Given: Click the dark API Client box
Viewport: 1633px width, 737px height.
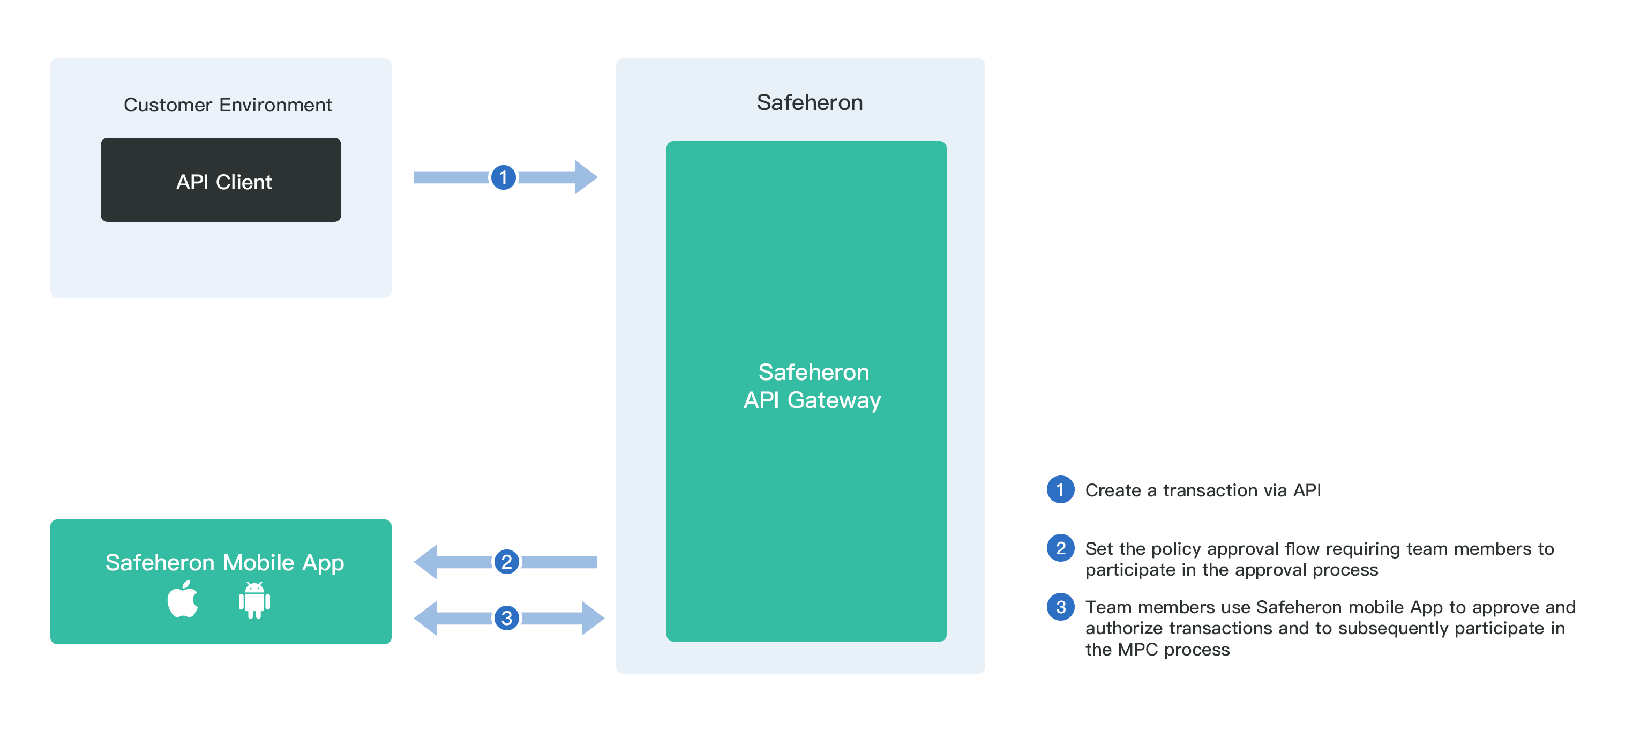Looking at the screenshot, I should coord(221,180).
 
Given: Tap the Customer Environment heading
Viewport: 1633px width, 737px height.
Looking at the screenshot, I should coord(228,105).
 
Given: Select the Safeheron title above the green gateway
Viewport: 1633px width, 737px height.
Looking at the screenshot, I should coord(810,102).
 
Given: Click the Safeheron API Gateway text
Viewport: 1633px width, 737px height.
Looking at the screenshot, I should coord(813,385).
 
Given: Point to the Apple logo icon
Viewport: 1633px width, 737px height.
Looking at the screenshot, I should coord(183,599).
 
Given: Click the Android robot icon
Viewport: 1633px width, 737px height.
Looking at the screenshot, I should coord(254,600).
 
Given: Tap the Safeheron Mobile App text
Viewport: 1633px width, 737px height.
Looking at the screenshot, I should coord(224,563).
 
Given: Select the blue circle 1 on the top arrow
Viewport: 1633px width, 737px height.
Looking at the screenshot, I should coord(503,177).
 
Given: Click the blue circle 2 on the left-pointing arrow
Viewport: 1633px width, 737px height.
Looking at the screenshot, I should coord(506,562).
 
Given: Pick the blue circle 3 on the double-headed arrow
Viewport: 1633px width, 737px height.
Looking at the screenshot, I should coord(506,618).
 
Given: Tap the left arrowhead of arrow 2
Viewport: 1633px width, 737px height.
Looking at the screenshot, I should coord(426,562).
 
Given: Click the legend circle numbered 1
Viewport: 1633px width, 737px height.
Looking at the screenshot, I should coord(1060,490).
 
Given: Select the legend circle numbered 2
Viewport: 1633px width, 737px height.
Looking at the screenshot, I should coord(1060,548).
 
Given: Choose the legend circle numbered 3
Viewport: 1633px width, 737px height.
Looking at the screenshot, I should coord(1060,607).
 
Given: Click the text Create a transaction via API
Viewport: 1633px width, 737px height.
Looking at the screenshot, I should coord(1203,490).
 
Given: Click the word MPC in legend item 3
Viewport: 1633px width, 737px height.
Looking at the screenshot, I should coord(1138,650).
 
